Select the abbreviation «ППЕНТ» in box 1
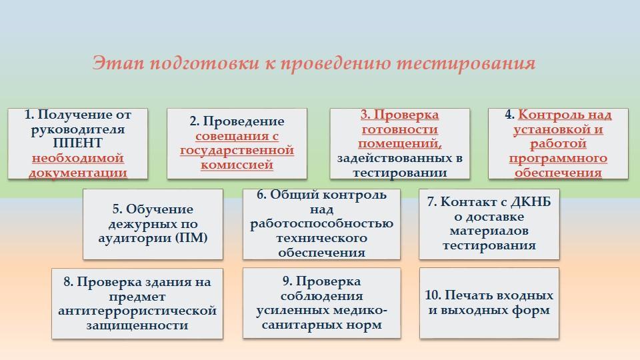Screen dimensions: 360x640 click(x=77, y=143)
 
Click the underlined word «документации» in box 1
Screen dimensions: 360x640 click(x=77, y=173)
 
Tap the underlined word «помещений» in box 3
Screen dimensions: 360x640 click(x=399, y=143)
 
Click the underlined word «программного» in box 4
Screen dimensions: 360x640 click(x=558, y=158)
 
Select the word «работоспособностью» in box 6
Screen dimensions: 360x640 click(x=322, y=223)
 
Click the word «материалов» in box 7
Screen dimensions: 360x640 click(x=489, y=231)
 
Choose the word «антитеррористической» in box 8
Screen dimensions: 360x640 click(x=137, y=311)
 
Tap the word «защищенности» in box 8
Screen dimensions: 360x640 click(x=137, y=325)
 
